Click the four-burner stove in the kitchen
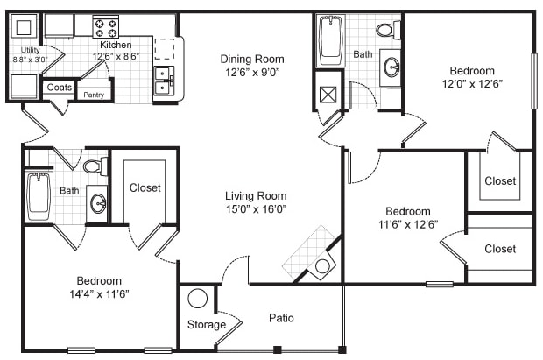(106, 26)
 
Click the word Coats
(59, 88)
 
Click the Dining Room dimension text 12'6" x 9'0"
(251, 74)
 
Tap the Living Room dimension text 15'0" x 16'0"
(256, 209)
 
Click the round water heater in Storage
(198, 299)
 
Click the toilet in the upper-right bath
(387, 31)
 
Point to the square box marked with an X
(328, 95)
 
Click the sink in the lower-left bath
(97, 204)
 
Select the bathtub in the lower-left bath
(38, 197)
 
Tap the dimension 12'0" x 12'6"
(472, 85)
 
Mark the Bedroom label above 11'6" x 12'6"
(408, 211)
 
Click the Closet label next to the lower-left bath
(145, 187)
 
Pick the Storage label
(206, 325)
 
